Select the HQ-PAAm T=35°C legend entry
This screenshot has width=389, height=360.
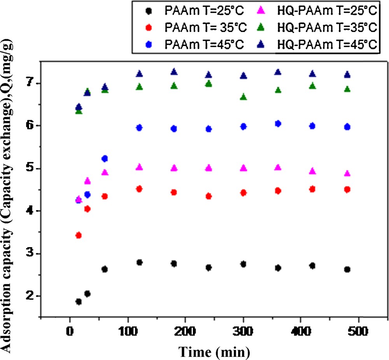pos(327,28)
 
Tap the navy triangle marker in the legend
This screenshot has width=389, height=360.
pos(268,45)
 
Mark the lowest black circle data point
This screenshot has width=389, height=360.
pos(79,302)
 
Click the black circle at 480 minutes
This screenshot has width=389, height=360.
pos(347,269)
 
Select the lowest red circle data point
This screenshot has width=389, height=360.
pos(79,235)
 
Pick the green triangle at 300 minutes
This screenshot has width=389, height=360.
pos(244,97)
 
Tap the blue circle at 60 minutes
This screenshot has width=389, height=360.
pos(104,158)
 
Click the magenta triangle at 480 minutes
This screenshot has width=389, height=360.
pos(347,173)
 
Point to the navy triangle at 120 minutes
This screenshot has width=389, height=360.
pos(139,74)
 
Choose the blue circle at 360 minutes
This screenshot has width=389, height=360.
pos(278,123)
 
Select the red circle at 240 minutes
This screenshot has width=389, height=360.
pos(209,196)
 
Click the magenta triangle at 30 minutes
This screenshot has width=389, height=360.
pos(88,181)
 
